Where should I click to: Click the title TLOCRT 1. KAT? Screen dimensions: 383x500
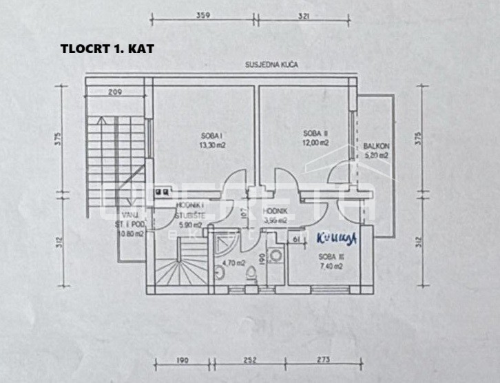tap(107, 50)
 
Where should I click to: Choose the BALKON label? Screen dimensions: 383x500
tap(377, 146)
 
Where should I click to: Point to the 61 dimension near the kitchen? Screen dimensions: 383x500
tap(295, 238)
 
